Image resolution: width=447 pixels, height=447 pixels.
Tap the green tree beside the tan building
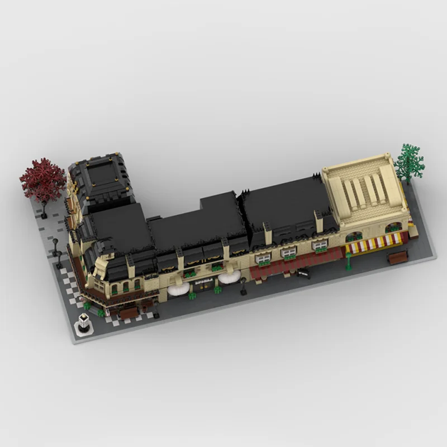tap(409, 161)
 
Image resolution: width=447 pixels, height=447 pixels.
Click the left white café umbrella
tap(178, 289)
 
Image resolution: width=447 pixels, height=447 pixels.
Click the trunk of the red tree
tap(44, 208)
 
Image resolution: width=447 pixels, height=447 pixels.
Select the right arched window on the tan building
tap(394, 226)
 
